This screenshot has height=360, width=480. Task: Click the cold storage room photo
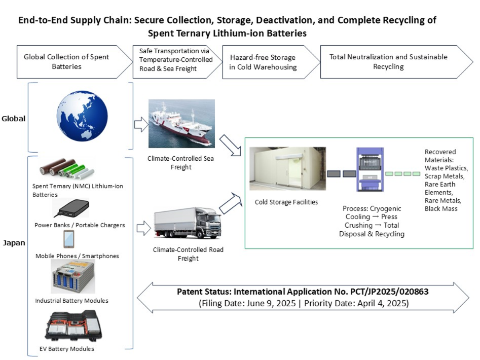(287, 168)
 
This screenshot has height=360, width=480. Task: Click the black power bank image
(71, 208)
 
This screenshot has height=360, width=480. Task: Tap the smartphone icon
(68, 239)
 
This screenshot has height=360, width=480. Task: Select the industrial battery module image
(72, 277)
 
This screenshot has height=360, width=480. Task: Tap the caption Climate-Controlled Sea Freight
(181, 162)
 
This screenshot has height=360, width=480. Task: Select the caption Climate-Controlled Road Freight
(181, 254)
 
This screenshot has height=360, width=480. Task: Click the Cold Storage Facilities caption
(286, 202)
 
